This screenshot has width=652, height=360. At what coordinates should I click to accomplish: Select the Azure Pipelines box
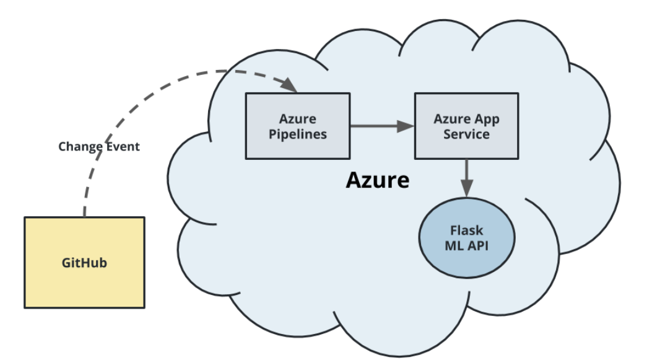pos(297,126)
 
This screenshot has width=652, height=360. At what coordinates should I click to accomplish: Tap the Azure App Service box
pos(466,126)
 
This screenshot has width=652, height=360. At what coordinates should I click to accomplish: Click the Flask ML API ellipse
pos(466,237)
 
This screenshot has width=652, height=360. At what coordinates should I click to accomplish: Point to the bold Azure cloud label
pos(377,180)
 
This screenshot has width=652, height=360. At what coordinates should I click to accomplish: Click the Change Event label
pos(99,147)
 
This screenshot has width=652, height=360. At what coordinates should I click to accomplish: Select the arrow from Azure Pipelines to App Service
pos(381,126)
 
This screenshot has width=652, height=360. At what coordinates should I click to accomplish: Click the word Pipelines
pos(297,134)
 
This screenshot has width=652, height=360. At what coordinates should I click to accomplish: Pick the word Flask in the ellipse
pos(466,230)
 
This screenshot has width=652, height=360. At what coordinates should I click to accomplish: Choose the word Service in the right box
pos(466,134)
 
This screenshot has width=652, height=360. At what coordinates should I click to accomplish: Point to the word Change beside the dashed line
pos(79,147)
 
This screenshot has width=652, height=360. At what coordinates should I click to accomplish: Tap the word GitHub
pos(84,263)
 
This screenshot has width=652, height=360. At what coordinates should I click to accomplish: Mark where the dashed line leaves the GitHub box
pos(84,216)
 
